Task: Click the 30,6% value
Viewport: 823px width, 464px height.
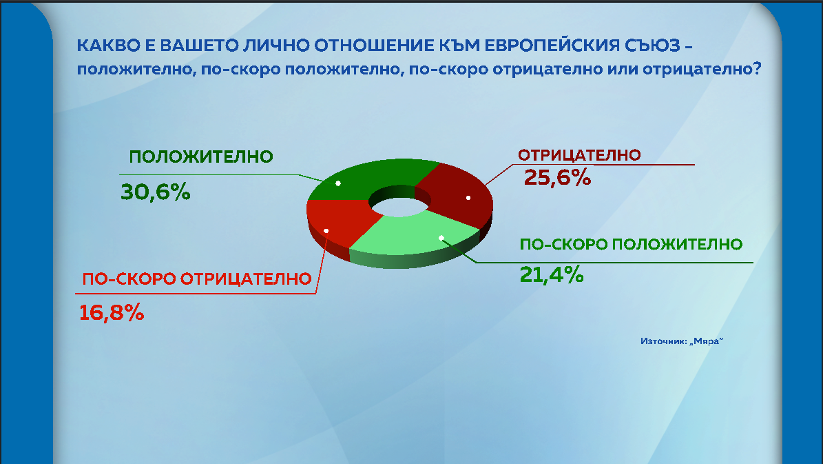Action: tap(155, 192)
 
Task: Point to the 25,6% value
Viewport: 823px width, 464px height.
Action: tap(558, 177)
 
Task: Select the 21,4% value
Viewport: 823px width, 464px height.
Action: tap(552, 274)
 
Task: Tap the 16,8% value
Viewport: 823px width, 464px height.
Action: tap(112, 312)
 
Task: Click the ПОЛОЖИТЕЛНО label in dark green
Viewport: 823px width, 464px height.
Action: tap(202, 157)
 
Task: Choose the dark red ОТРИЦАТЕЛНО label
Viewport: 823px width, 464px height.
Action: tap(580, 154)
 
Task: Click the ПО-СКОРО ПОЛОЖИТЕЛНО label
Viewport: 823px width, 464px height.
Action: tap(631, 244)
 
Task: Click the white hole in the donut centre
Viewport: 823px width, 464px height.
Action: tap(397, 202)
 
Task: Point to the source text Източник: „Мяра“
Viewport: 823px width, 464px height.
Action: tap(683, 341)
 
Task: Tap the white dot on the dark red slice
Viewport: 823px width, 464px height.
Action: tap(468, 198)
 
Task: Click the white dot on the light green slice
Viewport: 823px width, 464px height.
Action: tap(441, 238)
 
